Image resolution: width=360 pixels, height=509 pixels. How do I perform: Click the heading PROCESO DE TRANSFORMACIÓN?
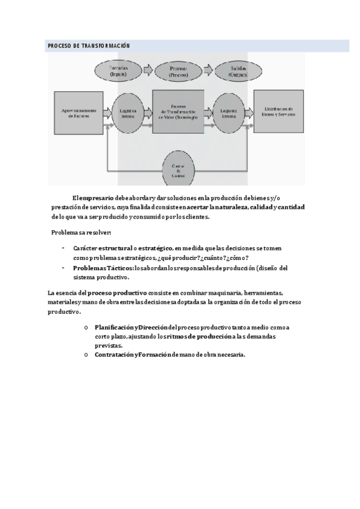89,46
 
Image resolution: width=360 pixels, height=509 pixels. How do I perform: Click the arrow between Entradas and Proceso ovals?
149,71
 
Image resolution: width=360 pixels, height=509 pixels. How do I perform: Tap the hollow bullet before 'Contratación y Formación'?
87,355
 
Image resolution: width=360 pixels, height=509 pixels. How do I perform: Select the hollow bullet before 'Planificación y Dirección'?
87,327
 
